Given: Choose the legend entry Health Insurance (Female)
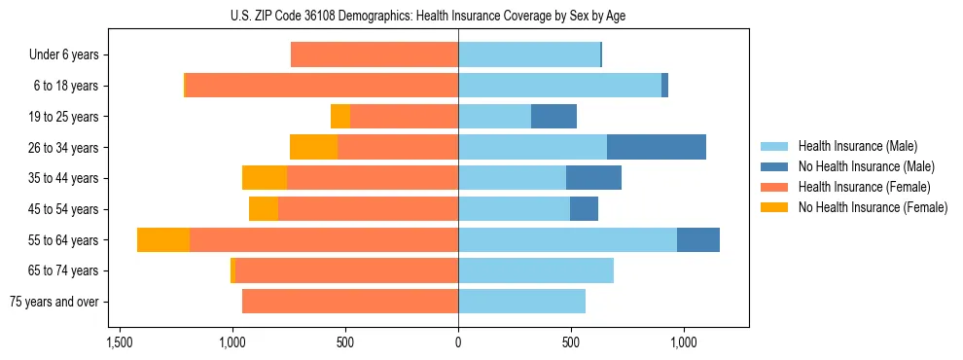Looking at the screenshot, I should click(865, 187).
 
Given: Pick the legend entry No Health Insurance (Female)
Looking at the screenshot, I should click(873, 207).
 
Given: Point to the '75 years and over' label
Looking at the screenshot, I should click(54, 302).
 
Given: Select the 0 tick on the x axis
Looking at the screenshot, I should click(458, 343).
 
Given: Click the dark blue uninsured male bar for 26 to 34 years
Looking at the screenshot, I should click(657, 147).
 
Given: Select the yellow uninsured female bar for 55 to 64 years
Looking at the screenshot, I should click(163, 239).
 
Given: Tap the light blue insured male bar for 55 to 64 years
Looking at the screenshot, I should click(567, 239).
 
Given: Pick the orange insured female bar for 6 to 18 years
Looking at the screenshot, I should click(322, 86).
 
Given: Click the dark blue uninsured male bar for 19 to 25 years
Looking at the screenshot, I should click(553, 117).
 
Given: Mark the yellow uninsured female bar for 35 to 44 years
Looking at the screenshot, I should click(265, 178).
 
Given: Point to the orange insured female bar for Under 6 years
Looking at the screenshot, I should click(374, 54).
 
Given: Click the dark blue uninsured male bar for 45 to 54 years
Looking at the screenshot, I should click(584, 209).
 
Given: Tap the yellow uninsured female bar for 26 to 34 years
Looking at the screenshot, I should click(313, 147).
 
